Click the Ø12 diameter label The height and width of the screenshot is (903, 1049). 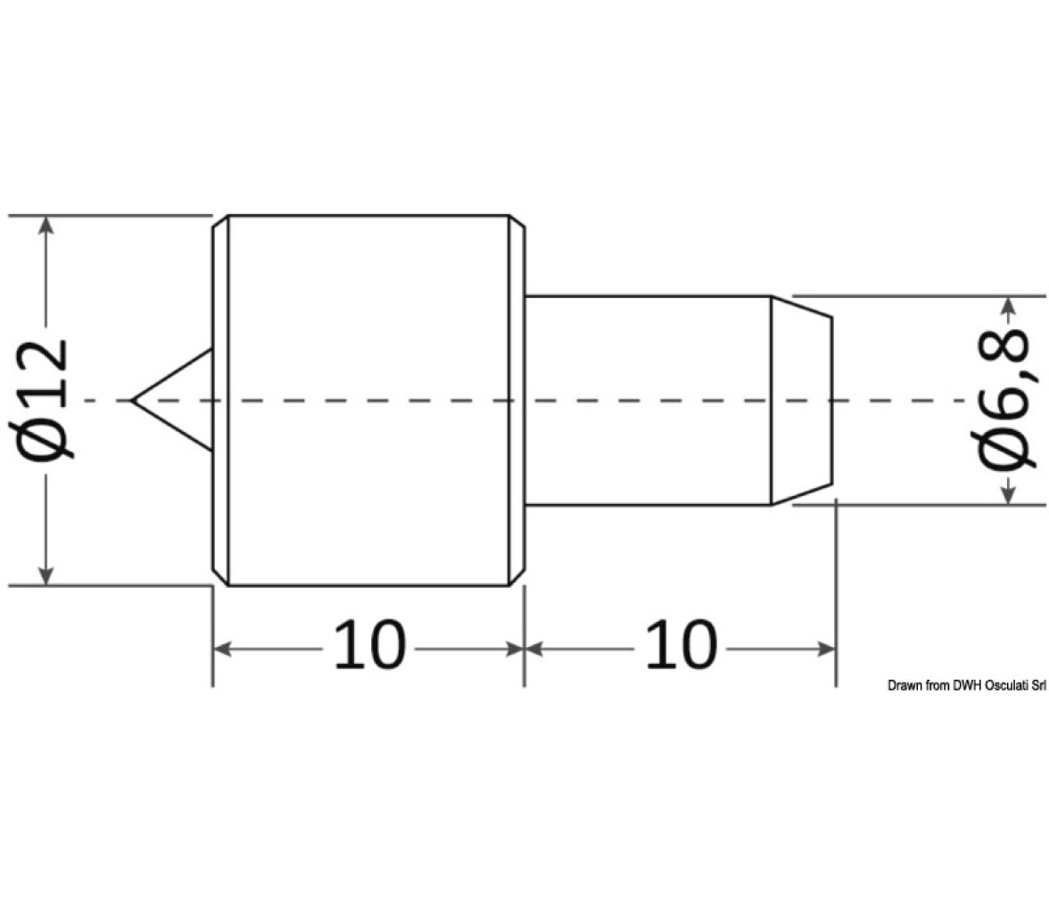tap(45, 401)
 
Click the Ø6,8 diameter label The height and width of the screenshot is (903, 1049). tap(1009, 401)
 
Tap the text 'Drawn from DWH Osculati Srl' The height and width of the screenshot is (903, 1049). tap(967, 684)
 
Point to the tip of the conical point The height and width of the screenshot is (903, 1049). tap(132, 401)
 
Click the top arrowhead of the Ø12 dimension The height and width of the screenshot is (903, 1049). tap(45, 227)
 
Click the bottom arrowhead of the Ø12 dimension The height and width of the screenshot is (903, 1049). tap(45, 575)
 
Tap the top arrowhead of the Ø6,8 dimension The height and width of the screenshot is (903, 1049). tap(1009, 307)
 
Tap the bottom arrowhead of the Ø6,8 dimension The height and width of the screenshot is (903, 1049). tap(1009, 494)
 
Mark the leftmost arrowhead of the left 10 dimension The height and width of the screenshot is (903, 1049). tap(223, 649)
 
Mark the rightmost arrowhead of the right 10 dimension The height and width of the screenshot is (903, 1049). tap(826, 649)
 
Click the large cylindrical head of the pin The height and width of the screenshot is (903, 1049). tap(368, 401)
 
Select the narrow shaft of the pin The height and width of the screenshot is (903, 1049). tap(648, 401)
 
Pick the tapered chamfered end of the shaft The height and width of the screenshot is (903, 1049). tap(801, 401)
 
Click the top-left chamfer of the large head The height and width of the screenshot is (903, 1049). tap(221, 221)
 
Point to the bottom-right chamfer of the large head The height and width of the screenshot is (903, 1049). tap(517, 579)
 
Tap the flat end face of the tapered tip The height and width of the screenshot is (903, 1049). tap(832, 401)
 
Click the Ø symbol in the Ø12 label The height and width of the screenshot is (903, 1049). tap(45, 436)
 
